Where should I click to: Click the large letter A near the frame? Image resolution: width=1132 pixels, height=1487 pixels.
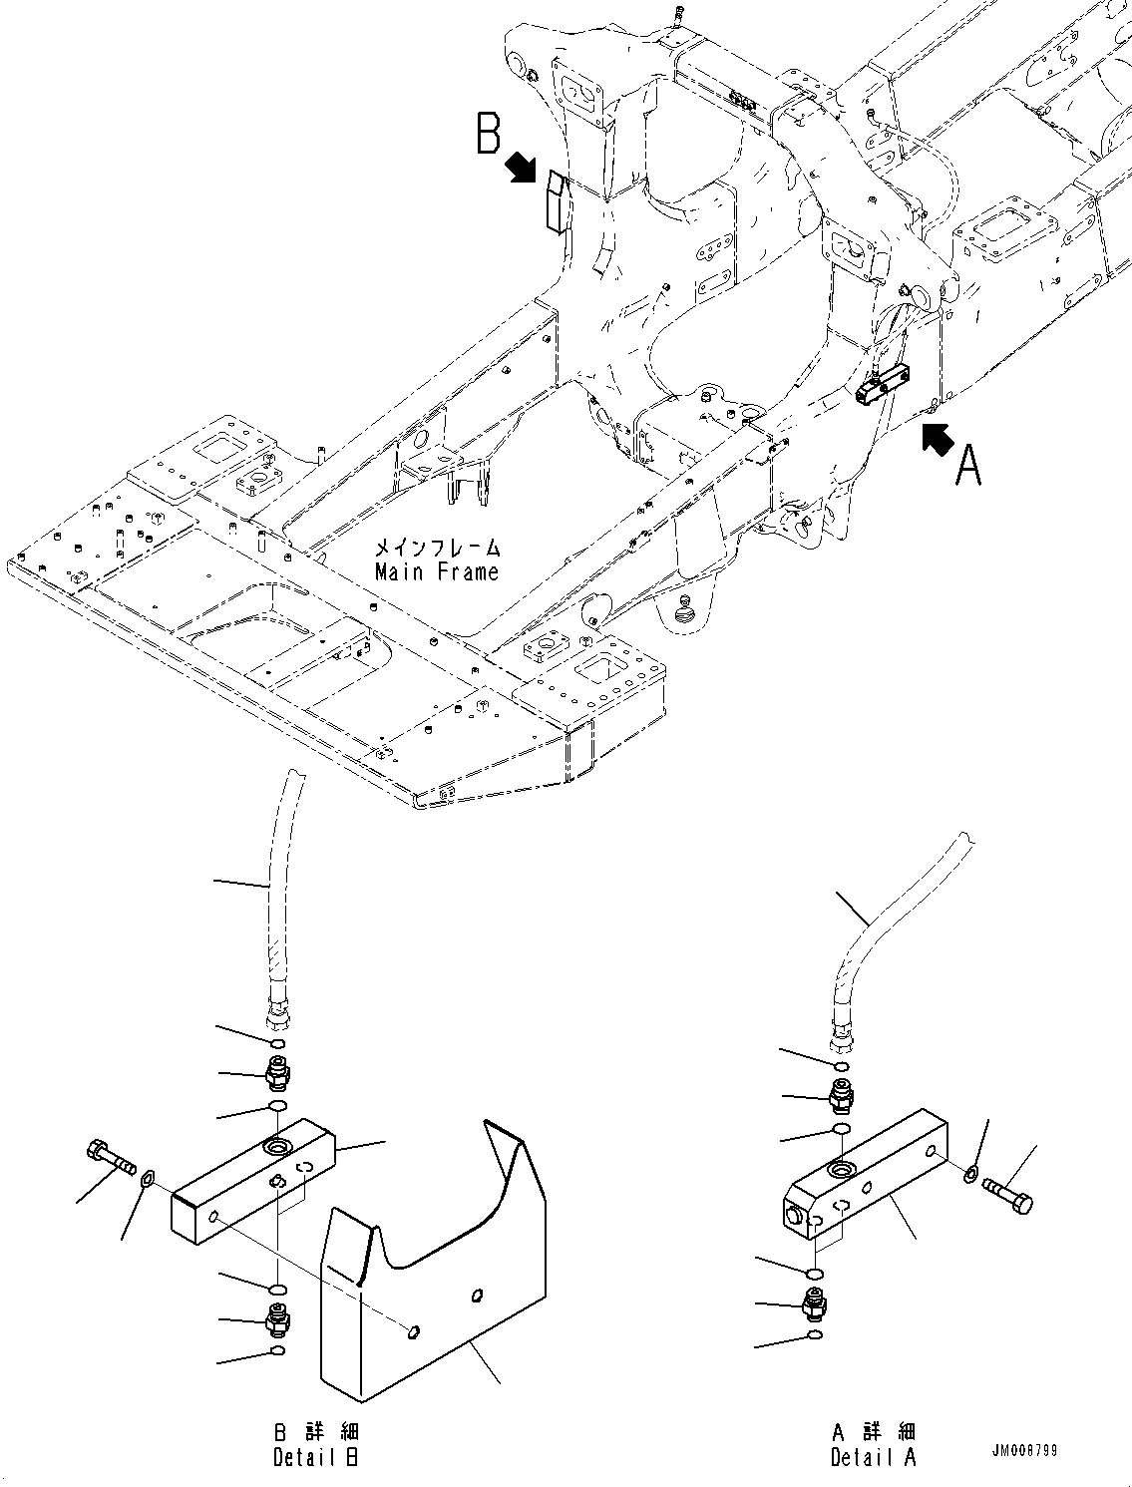967,465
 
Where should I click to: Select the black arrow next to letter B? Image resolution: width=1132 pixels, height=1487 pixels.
522,168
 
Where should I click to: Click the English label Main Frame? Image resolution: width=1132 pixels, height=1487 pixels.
437,571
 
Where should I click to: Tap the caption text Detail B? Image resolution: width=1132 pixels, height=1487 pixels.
315,1457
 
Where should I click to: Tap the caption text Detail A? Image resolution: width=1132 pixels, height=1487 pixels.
873,1457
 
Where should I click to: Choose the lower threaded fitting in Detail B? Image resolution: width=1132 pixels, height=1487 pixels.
276,1319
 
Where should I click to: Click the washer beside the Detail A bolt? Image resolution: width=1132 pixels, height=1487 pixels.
971,1173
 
